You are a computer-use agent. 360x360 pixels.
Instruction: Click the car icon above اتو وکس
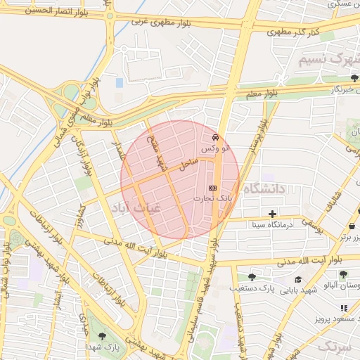(214, 138)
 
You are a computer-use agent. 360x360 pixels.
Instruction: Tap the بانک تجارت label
(213, 200)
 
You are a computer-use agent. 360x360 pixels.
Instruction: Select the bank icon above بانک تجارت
(213, 188)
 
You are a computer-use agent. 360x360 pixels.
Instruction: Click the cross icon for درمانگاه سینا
(272, 214)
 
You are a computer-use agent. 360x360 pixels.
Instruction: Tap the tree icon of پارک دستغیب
(252, 277)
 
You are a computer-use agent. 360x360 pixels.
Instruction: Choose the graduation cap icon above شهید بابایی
(298, 279)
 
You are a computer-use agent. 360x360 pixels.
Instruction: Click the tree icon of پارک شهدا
(103, 336)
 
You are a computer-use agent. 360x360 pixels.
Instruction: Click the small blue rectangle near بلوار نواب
(119, 83)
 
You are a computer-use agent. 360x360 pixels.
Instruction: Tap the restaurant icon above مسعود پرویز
(344, 308)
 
